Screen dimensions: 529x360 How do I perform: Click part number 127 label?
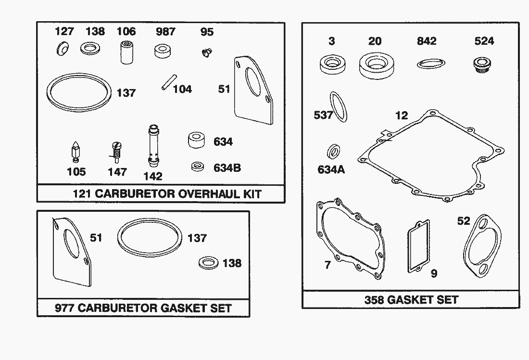click(64, 31)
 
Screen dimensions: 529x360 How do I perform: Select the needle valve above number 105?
click(75, 153)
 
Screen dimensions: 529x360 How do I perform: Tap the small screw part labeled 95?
click(206, 52)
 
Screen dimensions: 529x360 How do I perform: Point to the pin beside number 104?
click(169, 82)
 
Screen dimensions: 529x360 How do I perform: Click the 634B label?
click(227, 168)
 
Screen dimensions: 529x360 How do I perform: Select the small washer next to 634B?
click(197, 166)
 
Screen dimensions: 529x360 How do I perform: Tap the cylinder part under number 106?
click(127, 52)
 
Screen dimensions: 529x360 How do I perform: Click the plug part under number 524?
click(482, 64)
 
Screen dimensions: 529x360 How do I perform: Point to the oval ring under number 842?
click(431, 63)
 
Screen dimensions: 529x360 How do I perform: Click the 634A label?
click(331, 169)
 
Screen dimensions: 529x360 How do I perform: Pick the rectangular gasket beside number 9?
click(418, 246)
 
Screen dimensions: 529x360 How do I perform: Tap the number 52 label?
click(464, 221)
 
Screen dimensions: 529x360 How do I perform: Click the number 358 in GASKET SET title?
click(374, 299)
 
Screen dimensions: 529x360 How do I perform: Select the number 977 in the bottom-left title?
click(64, 308)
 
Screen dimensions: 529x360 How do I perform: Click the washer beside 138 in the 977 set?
click(209, 263)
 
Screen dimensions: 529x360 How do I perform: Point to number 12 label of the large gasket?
click(402, 116)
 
